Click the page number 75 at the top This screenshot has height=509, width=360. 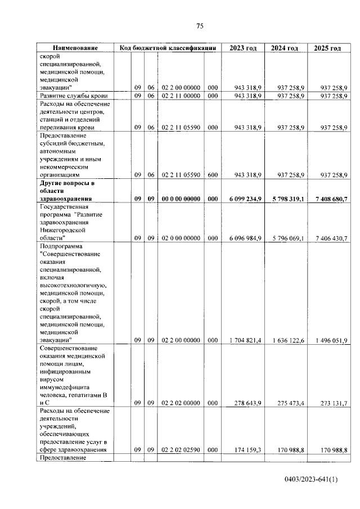click(199, 26)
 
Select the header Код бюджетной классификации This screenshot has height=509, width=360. click(168, 48)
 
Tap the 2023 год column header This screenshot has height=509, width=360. click(243, 48)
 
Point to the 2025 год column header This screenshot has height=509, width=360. click(327, 48)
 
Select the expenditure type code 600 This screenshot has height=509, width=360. click(212, 175)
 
